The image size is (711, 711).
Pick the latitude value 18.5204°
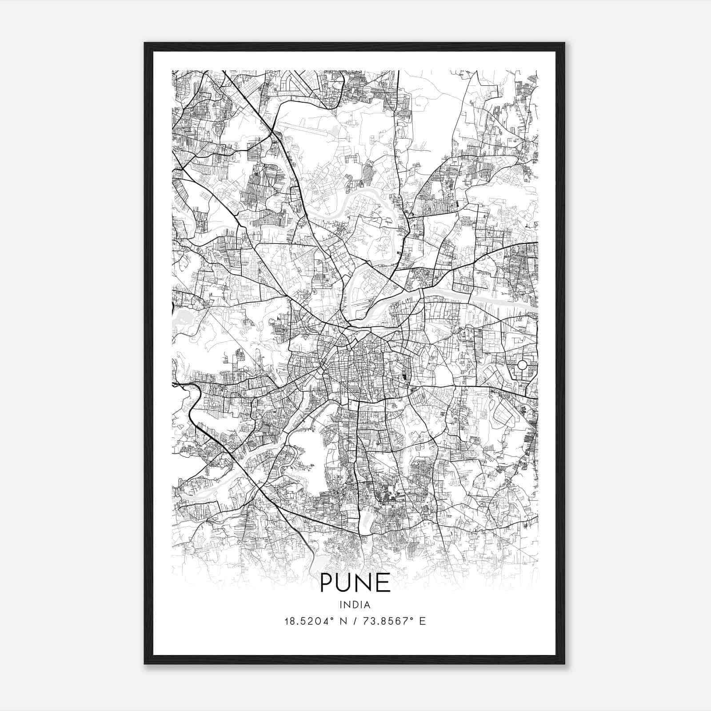(x=307, y=621)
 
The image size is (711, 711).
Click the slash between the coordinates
(x=355, y=621)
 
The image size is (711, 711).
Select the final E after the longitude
(x=422, y=621)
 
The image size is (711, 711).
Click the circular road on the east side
(x=522, y=365)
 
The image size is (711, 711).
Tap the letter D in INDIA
(x=355, y=604)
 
